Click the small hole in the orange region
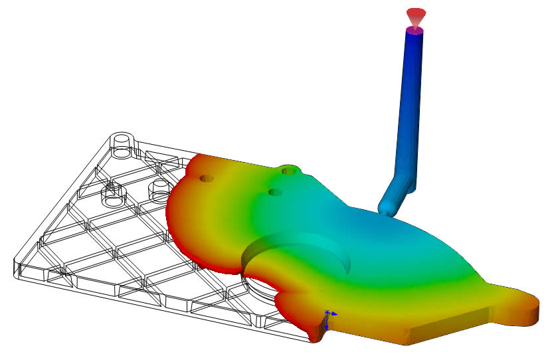tap(206, 179)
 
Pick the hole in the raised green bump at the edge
tap(288, 171)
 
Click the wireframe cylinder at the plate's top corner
tap(122, 143)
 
